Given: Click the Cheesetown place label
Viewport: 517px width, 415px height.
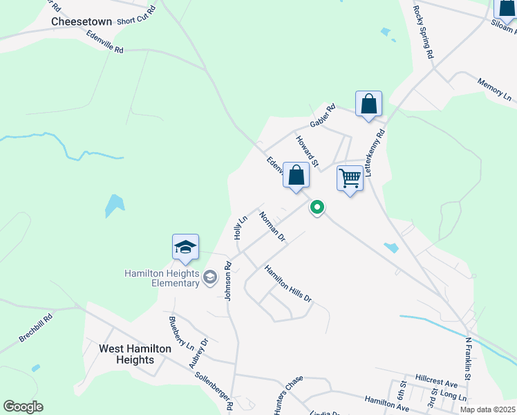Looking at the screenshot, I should (x=82, y=21).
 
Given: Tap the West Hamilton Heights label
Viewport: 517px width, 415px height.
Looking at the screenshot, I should (x=135, y=354).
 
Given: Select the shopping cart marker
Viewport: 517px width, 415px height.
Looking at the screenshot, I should (x=350, y=178).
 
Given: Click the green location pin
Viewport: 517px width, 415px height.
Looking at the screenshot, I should (x=317, y=207).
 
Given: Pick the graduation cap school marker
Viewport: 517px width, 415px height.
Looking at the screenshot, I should (x=185, y=247).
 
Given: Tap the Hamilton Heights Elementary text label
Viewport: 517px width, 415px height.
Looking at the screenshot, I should (x=162, y=278).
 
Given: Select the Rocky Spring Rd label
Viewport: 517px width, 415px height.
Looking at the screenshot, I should (x=423, y=33).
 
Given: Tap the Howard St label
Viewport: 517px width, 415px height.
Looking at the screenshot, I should (x=308, y=151).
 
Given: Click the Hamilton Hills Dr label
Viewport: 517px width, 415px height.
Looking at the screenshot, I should (x=288, y=284).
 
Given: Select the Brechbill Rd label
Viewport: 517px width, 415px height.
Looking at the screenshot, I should (x=36, y=329).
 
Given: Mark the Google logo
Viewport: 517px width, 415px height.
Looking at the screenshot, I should (x=23, y=407).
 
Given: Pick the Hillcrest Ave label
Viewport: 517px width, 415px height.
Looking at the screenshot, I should (x=437, y=382).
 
